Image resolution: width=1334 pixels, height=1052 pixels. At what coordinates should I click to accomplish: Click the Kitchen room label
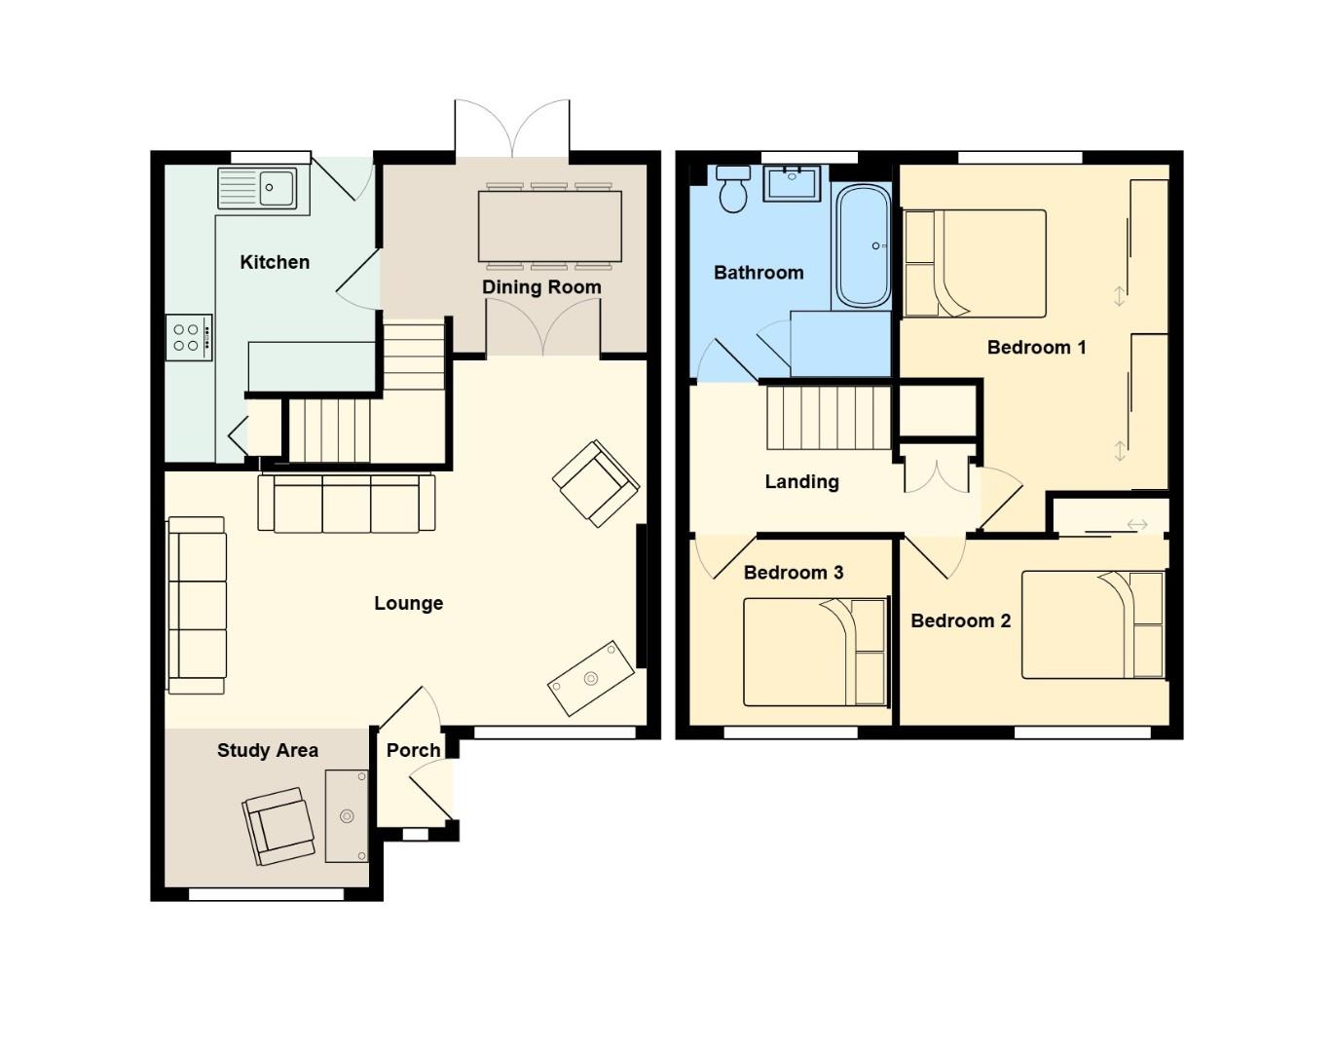pos(275,262)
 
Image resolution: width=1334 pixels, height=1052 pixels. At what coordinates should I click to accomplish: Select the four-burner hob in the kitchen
pos(188,337)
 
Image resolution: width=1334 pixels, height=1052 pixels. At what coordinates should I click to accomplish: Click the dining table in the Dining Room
pos(549,226)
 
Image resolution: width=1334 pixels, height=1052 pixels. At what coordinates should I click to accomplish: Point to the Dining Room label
pos(541,287)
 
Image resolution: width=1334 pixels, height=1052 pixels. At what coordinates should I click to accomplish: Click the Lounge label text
pos(408,603)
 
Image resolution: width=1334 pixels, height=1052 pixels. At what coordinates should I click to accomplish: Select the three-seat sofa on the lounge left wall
pos(197,605)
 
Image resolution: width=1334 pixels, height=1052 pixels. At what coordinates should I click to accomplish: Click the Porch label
pos(413,750)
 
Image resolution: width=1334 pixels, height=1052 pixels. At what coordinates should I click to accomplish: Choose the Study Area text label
pos(267,750)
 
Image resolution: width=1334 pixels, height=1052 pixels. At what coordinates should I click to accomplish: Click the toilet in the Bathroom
pos(732,189)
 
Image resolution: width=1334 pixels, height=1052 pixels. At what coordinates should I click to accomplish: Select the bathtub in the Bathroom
pos(863,245)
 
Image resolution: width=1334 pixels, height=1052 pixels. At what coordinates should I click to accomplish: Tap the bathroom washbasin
pos(792,183)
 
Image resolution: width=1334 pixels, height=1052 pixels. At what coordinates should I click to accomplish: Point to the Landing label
pos(801,481)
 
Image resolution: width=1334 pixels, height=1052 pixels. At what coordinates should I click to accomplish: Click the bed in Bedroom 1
pos(975,263)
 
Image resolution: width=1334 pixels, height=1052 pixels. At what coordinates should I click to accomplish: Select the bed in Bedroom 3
pos(815,652)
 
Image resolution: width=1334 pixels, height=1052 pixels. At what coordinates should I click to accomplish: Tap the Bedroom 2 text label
pos(960,620)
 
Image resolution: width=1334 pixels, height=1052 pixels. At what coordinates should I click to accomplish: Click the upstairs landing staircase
pos(829,417)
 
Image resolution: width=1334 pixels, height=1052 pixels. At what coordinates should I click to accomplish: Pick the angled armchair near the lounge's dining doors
pos(595,483)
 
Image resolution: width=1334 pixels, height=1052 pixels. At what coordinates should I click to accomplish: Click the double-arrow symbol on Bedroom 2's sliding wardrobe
pos(1136,525)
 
